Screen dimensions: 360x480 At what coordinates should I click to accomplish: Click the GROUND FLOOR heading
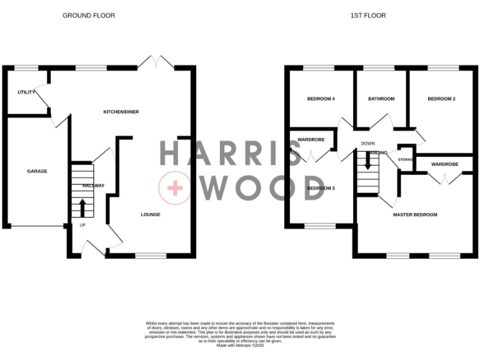89,15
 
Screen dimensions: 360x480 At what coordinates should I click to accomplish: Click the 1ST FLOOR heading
368,15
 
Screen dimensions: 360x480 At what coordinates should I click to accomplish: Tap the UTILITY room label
26,92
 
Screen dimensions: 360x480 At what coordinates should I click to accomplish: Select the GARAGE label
37,171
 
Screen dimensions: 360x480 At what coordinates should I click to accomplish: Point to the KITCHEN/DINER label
121,112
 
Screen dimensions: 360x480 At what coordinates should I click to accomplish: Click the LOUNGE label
150,214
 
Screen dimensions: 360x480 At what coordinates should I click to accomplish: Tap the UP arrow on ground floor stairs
82,207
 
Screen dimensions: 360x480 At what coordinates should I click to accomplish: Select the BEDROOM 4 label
321,99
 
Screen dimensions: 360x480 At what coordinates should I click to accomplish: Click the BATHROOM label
381,99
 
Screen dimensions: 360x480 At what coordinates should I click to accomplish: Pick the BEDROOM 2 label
441,99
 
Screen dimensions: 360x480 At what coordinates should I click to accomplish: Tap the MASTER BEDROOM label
415,214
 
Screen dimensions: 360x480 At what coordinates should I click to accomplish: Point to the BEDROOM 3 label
321,187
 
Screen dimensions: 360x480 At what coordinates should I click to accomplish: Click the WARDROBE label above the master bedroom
445,164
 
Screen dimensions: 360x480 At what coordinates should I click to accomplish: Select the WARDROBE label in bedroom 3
311,139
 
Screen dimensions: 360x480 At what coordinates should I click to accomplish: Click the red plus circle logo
174,187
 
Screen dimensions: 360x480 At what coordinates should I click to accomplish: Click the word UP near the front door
82,224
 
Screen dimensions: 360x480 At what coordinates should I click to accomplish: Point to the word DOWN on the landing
367,143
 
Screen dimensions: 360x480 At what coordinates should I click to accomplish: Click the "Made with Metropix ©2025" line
240,346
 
